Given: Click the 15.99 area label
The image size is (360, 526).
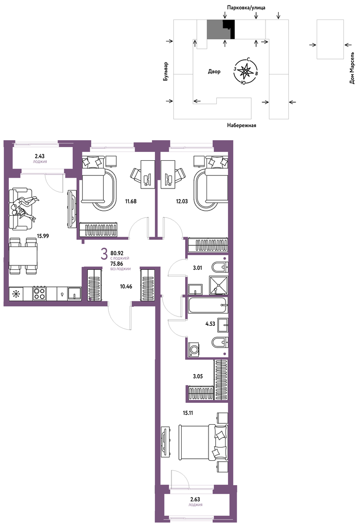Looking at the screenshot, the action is tap(43, 236).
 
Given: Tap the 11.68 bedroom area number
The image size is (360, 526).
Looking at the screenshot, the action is tap(131, 202).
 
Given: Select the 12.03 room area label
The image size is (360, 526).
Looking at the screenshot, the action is tap(182, 202).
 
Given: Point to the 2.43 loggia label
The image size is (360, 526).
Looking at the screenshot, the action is tap(39, 156).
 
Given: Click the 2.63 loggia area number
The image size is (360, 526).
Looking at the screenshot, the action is tap(195, 499).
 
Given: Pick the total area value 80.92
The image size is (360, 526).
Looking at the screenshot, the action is tap(117, 253).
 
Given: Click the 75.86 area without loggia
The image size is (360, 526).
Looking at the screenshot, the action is tap(117, 263).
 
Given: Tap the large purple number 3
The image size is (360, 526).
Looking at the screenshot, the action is tap(104, 254).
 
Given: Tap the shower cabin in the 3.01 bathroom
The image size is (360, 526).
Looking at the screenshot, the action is tap(218, 285).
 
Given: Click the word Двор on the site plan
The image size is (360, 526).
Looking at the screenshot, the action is tap(214, 72).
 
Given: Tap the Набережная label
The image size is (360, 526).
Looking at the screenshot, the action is tap(242, 126).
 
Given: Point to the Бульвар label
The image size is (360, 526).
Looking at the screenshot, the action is tap(166, 71).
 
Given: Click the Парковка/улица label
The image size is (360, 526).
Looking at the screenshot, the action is tap(246, 7).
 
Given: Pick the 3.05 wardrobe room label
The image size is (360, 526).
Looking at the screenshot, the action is tap(198, 376).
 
